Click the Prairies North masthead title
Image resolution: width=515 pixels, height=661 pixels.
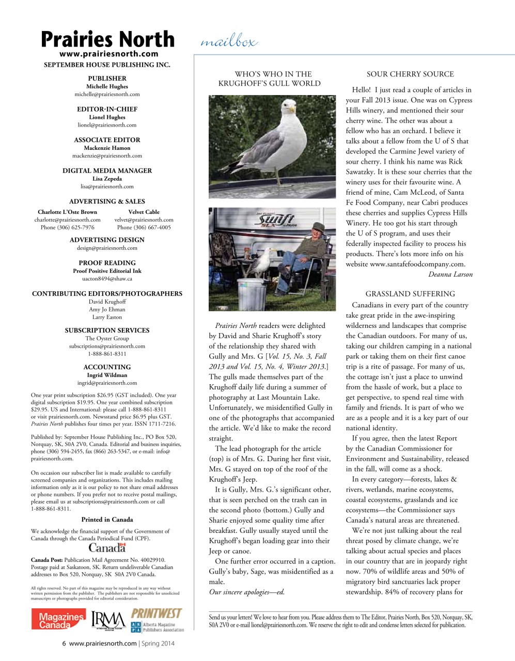point(107,39)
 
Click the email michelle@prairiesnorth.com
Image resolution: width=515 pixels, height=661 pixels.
point(107,95)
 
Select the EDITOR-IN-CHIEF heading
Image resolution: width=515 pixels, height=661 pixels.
point(107,109)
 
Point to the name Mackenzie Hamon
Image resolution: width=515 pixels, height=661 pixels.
point(107,148)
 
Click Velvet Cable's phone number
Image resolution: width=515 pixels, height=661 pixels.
point(144,227)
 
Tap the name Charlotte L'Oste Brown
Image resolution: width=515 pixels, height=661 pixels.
point(67,212)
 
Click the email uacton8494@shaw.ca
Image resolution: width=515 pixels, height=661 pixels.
point(107,279)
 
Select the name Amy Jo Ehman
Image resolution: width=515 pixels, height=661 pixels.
point(107,309)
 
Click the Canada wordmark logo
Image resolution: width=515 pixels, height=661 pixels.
point(107,547)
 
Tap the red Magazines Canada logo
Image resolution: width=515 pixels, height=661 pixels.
point(58,620)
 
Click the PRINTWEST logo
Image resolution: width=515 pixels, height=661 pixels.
point(156,613)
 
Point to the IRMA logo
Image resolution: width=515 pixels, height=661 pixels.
point(108,621)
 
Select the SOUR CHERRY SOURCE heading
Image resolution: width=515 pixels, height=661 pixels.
point(410,74)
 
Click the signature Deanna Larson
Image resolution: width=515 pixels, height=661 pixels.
point(450,274)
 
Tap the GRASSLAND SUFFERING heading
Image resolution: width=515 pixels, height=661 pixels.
point(410,294)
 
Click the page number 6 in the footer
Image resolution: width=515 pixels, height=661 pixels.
point(64,643)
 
